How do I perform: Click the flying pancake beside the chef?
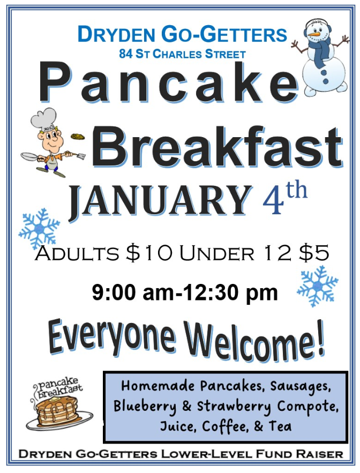coord(78,137)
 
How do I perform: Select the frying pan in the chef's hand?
coord(30,156)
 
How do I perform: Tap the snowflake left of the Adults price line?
coord(39,228)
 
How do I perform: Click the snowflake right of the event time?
coord(318,286)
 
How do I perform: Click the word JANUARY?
coord(161,200)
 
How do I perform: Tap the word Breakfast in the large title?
coord(217,146)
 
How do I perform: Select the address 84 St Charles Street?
coord(182,54)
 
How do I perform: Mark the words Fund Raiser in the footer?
coord(299,454)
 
